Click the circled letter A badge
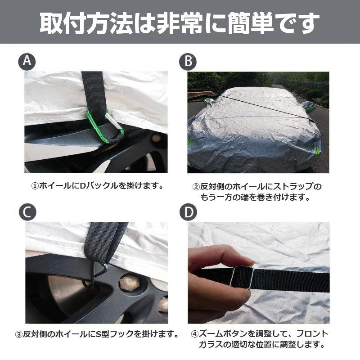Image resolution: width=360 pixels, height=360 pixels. pyautogui.click(x=27, y=62)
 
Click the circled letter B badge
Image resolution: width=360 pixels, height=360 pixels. pyautogui.click(x=188, y=62)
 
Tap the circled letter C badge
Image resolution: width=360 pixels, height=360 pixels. pyautogui.click(x=27, y=212)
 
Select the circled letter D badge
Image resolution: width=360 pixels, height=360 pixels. pyautogui.click(x=188, y=212)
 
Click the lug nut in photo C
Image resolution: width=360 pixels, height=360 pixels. pyautogui.click(x=129, y=283)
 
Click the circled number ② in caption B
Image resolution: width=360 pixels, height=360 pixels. pyautogui.click(x=196, y=187)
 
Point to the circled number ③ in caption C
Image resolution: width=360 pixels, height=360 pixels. pyautogui.click(x=18, y=334)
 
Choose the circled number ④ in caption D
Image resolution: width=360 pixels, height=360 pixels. pyautogui.click(x=195, y=334)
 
